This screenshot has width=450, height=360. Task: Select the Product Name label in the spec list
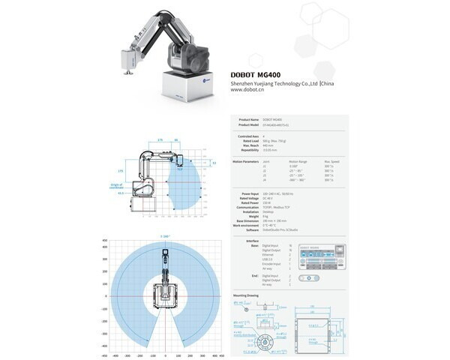click(249, 119)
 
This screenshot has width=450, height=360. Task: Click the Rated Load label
click(251, 140)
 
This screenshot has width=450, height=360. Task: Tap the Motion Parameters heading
click(246, 161)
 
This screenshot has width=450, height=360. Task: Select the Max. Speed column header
click(333, 161)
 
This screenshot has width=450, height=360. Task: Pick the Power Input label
click(250, 193)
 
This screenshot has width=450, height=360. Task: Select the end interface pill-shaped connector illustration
click(309, 277)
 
